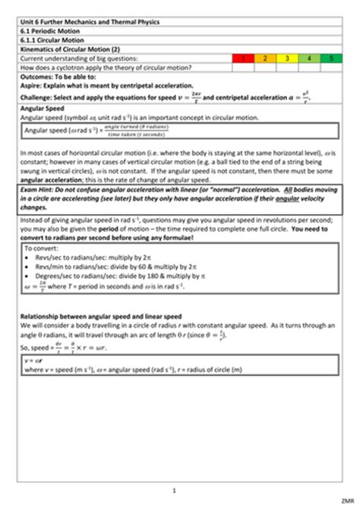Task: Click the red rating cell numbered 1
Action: pos(243,58)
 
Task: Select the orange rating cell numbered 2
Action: pos(265,58)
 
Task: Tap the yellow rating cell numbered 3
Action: pos(287,58)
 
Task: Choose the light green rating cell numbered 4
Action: pos(309,58)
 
